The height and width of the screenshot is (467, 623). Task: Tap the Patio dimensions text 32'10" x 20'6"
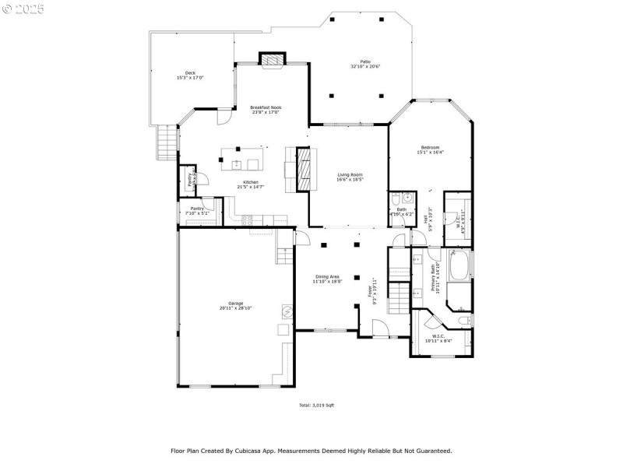tap(364, 67)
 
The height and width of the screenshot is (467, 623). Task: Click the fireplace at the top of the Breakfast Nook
tap(273, 60)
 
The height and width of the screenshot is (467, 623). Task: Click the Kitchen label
tap(251, 182)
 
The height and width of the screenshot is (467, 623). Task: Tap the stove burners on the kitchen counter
tap(252, 219)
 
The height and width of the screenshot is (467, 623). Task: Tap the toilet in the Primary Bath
tap(464, 320)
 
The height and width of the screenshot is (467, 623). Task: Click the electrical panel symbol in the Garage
tap(287, 312)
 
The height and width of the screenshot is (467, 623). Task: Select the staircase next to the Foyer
tap(399, 297)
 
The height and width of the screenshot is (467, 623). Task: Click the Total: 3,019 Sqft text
tap(317, 406)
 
